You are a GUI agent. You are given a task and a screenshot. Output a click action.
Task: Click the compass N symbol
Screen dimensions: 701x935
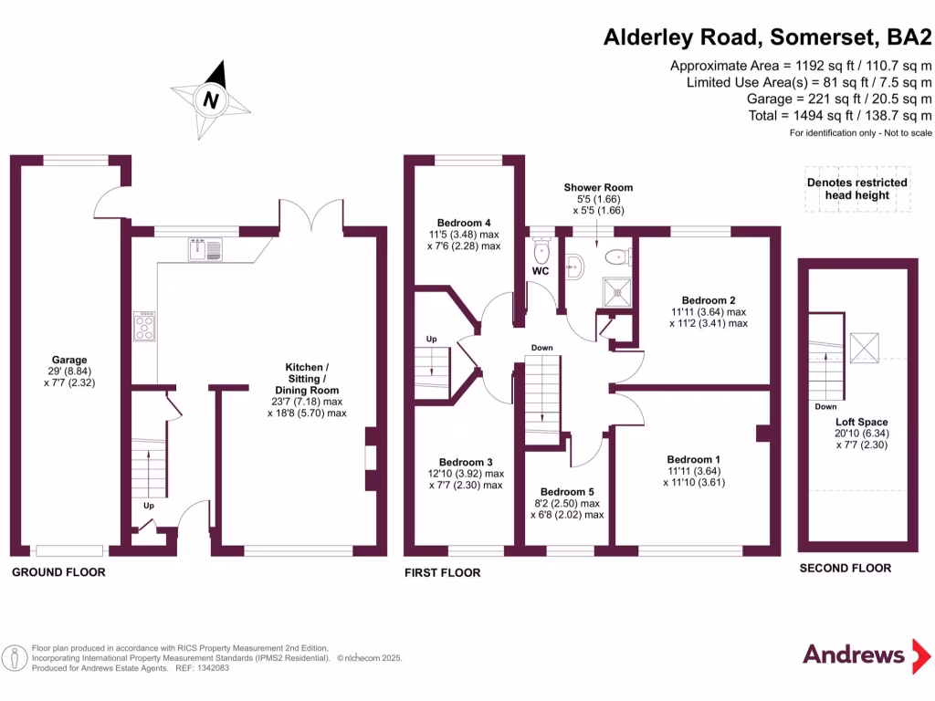pos(211,100)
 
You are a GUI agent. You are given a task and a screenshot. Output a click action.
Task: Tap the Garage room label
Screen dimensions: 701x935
pos(69,360)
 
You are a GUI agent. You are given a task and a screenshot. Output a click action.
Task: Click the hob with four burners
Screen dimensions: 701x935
pos(144,326)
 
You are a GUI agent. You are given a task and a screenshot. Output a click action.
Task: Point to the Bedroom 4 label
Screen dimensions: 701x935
pos(464,223)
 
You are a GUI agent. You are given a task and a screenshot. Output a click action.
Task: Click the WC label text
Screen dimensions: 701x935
pos(541,271)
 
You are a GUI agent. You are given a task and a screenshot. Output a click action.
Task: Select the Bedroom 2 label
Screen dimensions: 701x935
pos(708,299)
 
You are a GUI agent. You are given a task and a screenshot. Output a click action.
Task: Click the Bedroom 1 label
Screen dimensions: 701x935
pos(693,459)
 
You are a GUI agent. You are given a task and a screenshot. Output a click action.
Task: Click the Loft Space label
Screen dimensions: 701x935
pos(861,422)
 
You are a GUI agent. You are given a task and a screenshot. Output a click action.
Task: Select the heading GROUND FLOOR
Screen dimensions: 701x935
pos(58,572)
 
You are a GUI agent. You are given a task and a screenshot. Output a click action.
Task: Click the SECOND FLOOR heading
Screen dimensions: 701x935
pos(845,568)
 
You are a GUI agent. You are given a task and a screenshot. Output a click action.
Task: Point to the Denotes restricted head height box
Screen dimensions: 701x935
pos(856,189)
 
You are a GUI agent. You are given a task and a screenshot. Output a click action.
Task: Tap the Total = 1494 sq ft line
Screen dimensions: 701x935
pos(838,115)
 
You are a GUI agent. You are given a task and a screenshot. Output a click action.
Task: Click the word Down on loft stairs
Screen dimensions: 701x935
pos(825,407)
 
